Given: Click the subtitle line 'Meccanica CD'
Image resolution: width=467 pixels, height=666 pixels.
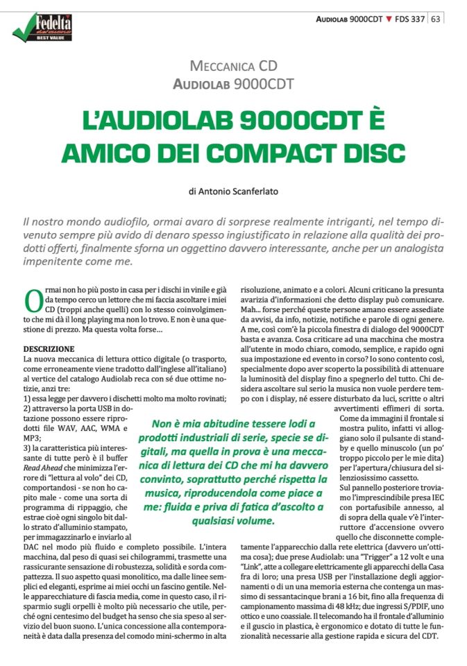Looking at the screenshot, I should (233, 67).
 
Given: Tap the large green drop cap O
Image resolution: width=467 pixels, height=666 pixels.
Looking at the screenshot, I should (33, 300).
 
